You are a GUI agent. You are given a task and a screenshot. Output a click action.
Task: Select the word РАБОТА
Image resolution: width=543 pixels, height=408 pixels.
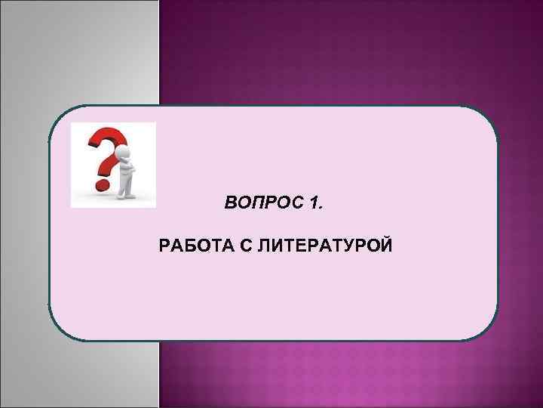click(192, 246)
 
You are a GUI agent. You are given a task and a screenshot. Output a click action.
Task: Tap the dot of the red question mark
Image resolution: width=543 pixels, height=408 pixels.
click(98, 183)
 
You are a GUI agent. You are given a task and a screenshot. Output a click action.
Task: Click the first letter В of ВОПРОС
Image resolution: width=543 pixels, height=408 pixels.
click(231, 203)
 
